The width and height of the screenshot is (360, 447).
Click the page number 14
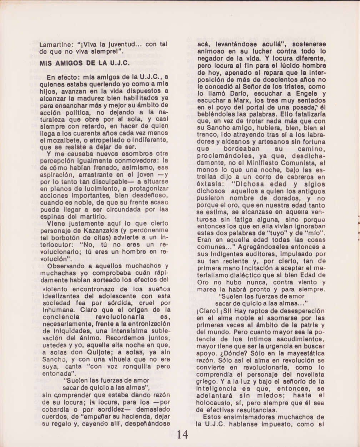(180, 434)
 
